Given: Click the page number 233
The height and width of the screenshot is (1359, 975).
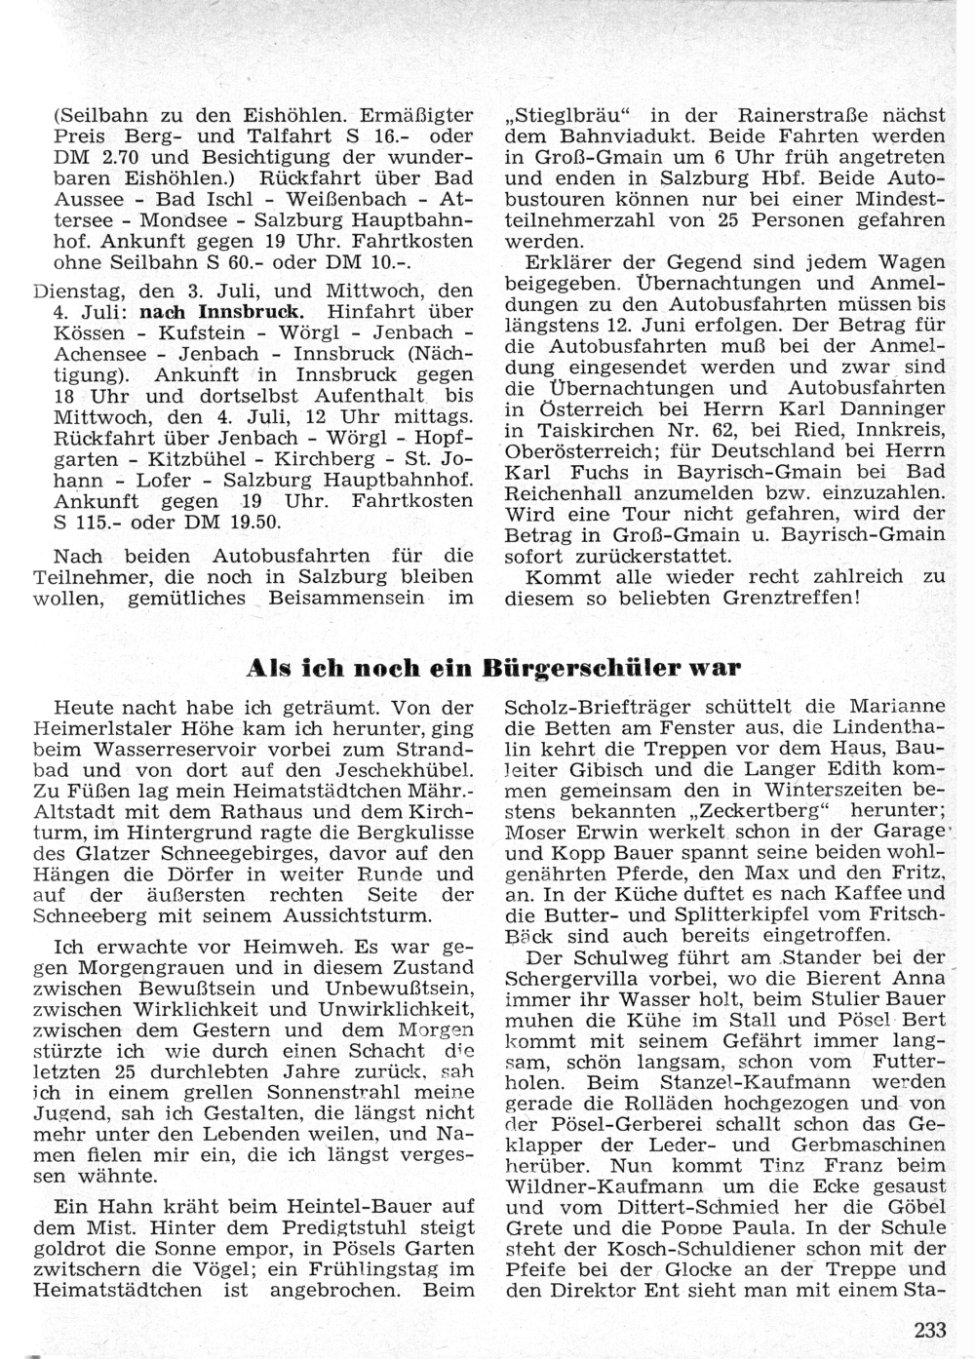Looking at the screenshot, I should point(931,1327).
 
